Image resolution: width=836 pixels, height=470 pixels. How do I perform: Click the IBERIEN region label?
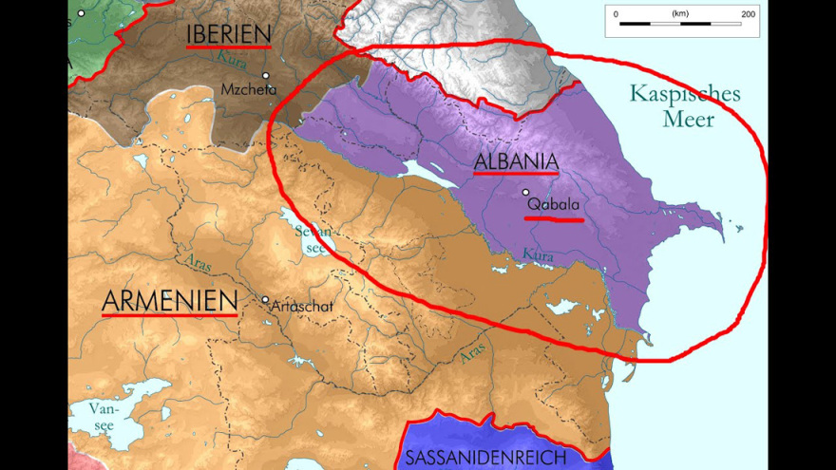click(x=228, y=33)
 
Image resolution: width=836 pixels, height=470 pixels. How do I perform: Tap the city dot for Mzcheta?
click(x=266, y=75)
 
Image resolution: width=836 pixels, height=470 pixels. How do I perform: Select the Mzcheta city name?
click(x=248, y=90)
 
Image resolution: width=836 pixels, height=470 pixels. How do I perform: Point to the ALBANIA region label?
click(x=516, y=161)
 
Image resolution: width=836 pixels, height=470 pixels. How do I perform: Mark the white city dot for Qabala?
click(x=525, y=192)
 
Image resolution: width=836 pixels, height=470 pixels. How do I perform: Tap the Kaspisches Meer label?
click(x=684, y=106)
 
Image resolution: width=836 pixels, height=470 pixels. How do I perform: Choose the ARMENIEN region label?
click(x=169, y=301)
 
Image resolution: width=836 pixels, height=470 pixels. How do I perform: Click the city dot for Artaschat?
click(x=266, y=299)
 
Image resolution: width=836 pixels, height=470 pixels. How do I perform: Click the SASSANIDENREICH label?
click(x=485, y=458)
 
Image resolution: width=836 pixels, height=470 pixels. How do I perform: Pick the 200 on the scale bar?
click(x=748, y=14)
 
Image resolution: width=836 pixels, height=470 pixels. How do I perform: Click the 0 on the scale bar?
click(x=617, y=14)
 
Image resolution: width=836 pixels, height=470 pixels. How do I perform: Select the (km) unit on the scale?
click(x=680, y=14)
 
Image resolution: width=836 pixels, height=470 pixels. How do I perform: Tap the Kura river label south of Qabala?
click(x=538, y=255)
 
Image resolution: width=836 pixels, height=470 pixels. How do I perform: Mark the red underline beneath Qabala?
click(x=554, y=218)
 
